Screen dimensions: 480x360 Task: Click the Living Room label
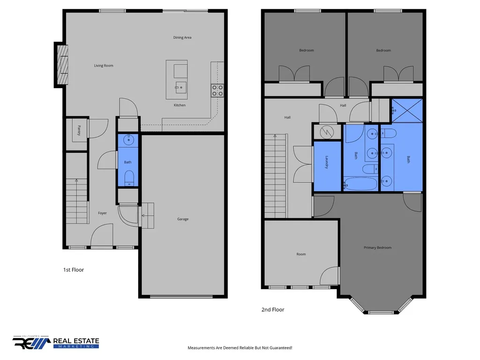[104, 66]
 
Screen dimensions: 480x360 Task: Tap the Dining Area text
[182, 37]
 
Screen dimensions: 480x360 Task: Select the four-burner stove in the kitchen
[217, 90]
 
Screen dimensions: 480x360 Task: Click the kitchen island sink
[180, 88]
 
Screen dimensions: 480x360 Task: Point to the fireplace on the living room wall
[62, 65]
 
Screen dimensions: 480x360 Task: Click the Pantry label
[79, 130]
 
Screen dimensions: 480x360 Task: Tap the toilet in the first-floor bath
[129, 178]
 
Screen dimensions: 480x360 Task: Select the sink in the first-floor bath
[128, 140]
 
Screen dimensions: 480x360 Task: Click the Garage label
[183, 219]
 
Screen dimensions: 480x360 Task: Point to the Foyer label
[102, 213]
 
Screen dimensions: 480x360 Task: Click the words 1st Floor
[74, 270]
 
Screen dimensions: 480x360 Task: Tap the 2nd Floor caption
[273, 309]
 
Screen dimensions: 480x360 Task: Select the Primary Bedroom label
[377, 247]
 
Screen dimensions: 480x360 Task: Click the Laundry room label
[327, 162]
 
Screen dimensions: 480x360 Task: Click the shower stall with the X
[407, 111]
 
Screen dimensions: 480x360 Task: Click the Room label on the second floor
[301, 254]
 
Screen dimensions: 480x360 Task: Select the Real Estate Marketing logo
[56, 342]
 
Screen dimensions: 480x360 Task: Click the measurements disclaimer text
[240, 348]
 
